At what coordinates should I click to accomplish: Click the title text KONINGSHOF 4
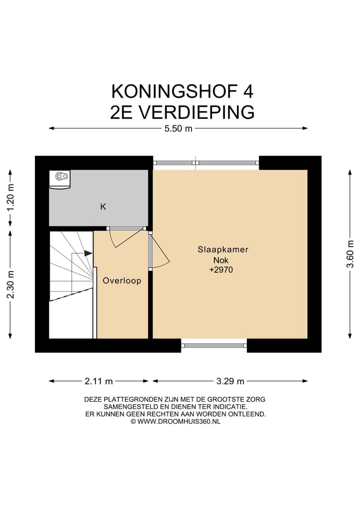(x=181, y=91)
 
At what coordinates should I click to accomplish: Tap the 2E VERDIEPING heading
(x=181, y=112)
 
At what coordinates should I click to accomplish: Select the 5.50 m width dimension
(x=178, y=129)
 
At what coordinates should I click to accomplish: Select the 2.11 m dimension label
(x=98, y=381)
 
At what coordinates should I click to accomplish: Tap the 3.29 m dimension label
(x=230, y=381)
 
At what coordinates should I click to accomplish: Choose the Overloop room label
(x=122, y=281)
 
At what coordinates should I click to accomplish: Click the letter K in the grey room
(x=103, y=206)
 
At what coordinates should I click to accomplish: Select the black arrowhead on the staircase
(x=88, y=254)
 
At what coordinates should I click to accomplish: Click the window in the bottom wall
(x=214, y=345)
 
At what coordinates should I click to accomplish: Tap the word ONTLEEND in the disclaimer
(x=249, y=414)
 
